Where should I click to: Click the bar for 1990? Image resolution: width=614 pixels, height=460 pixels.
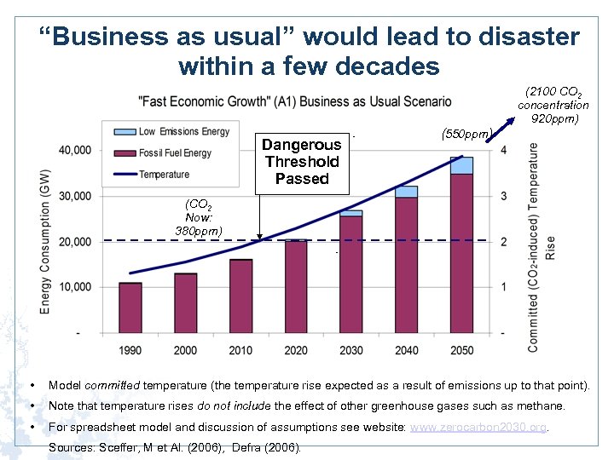(x=130, y=308)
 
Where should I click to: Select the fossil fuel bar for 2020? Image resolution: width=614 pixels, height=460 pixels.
(x=296, y=286)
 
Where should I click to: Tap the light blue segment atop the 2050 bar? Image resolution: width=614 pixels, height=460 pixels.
(x=461, y=165)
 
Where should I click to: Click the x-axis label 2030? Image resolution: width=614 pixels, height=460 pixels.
(x=350, y=350)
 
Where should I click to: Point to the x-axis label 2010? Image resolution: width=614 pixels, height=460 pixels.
(x=240, y=350)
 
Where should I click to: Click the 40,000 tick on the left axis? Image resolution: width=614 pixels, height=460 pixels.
(x=74, y=151)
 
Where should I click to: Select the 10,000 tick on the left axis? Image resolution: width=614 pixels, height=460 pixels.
(x=74, y=287)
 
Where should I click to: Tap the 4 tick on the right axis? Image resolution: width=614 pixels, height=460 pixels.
(x=504, y=151)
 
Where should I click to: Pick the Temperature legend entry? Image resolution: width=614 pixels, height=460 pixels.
(x=163, y=175)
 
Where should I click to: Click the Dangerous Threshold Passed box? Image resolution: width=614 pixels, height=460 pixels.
(x=302, y=162)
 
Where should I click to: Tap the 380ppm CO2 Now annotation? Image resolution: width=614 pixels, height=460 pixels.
(x=198, y=230)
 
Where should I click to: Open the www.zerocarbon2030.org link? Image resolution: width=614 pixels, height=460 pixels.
(x=478, y=427)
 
